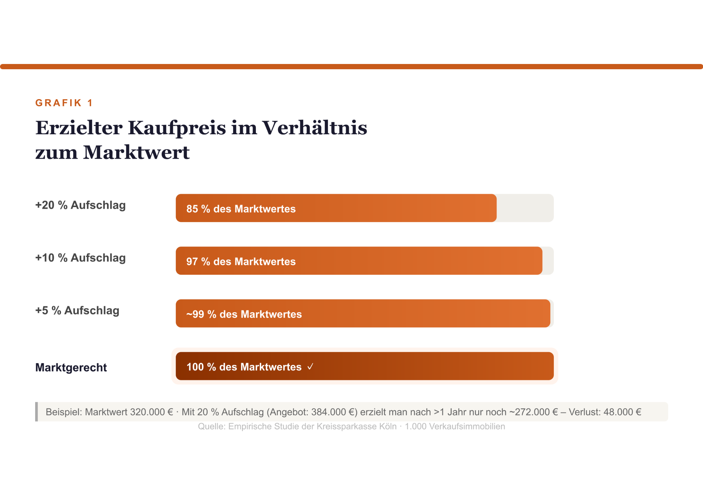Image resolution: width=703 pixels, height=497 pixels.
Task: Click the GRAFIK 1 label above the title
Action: [x=64, y=103]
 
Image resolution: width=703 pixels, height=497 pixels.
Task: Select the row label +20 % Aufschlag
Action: [x=80, y=205]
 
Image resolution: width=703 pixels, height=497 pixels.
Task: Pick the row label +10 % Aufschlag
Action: [x=80, y=258]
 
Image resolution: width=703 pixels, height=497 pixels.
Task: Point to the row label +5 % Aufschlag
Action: [x=77, y=310]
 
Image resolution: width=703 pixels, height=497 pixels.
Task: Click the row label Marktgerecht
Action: [x=71, y=367]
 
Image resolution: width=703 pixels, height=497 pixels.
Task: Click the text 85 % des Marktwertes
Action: [x=241, y=209]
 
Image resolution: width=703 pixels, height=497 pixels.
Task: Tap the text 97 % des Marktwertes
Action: [x=241, y=262]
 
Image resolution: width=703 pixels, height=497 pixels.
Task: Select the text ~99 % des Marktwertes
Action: [x=244, y=314]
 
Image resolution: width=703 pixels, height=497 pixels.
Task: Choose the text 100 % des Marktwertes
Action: [x=244, y=367]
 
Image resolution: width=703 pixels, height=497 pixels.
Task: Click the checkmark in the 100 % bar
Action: [x=310, y=367]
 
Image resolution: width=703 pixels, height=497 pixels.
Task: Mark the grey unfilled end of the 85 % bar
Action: [x=525, y=208]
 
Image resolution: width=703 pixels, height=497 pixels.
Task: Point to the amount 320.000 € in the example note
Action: [x=151, y=412]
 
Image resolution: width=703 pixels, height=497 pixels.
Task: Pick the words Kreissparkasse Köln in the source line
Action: [x=356, y=426]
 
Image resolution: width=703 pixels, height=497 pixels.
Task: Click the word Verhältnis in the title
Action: [x=315, y=128]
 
